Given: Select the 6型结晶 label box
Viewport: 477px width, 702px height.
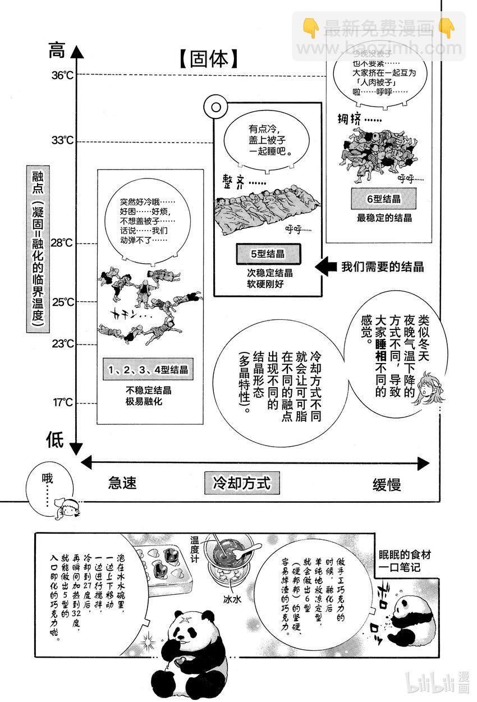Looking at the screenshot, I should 384,199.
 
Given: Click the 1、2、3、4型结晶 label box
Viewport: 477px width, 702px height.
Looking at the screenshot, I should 148,370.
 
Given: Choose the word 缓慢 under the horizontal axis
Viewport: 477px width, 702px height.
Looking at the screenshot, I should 387,484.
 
